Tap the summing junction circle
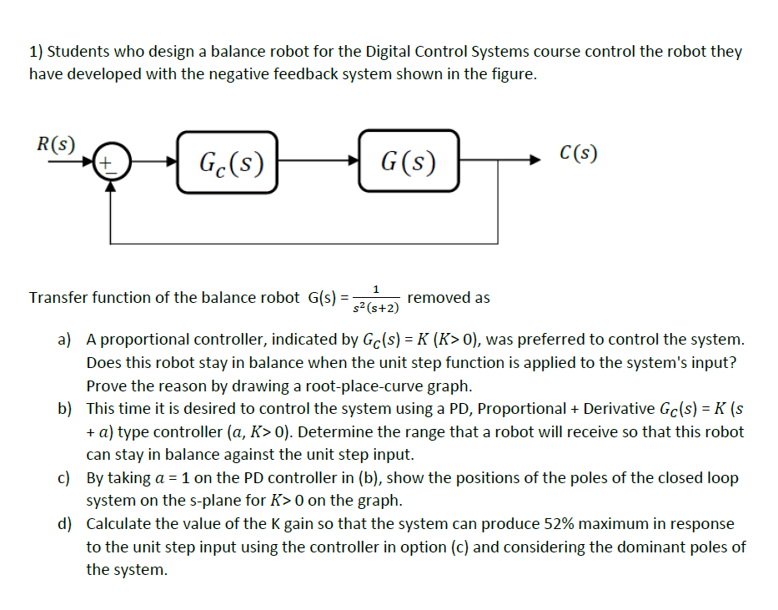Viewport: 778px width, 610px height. (x=109, y=163)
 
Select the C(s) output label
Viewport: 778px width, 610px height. (x=579, y=154)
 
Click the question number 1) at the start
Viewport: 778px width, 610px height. (x=36, y=52)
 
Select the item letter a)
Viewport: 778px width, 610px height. (x=64, y=340)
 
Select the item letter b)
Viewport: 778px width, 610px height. (x=64, y=409)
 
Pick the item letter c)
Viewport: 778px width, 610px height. (x=64, y=478)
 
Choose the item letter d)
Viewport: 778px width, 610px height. (x=64, y=524)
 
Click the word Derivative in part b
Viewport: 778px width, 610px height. (x=619, y=409)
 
